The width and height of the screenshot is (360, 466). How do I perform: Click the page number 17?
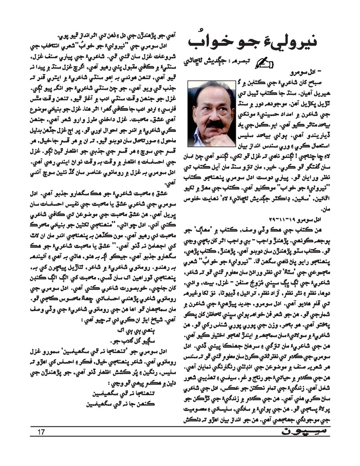pyautogui.click(x=41, y=433)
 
